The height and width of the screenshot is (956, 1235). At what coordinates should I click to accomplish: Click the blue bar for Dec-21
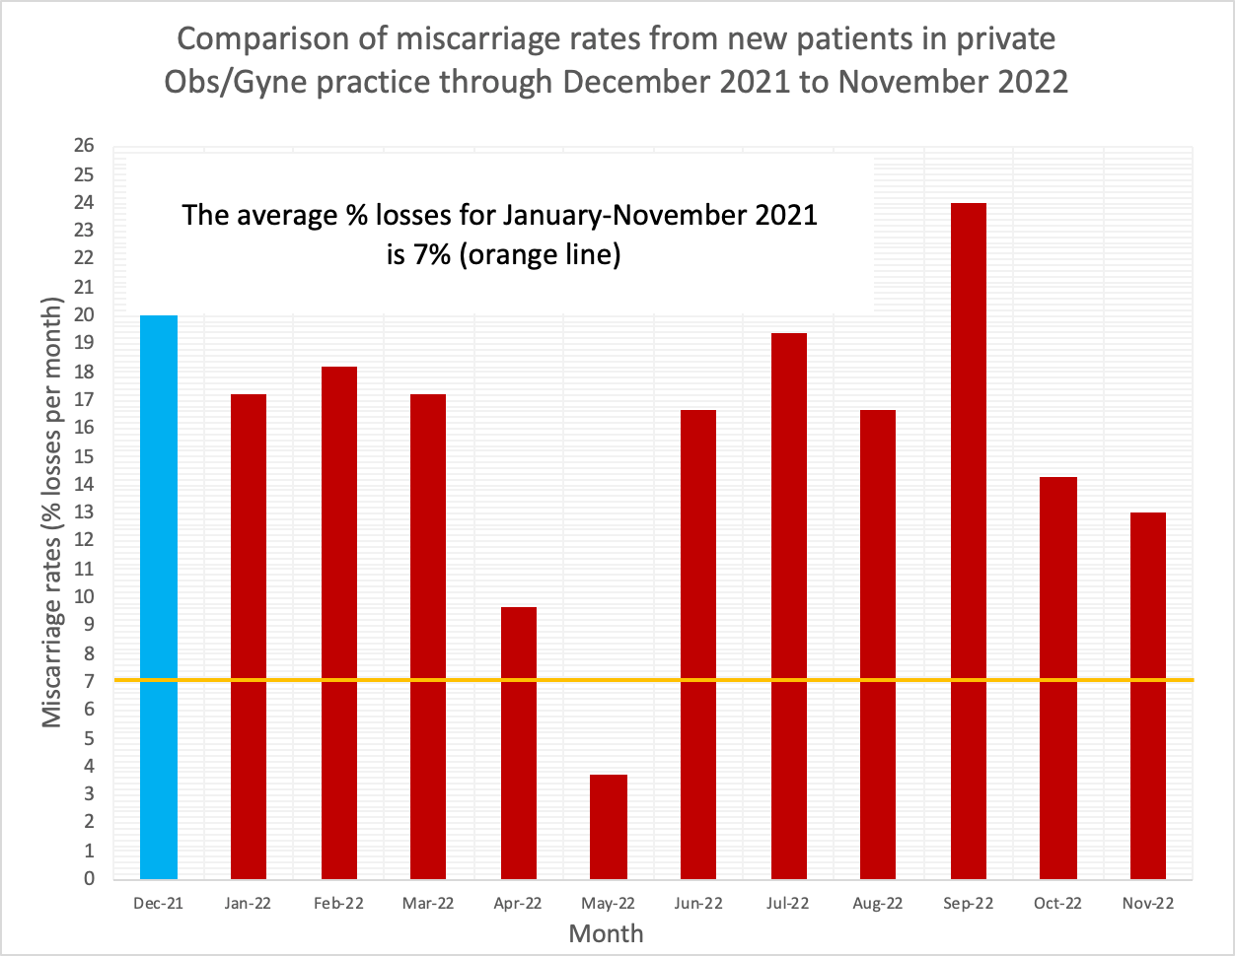click(159, 596)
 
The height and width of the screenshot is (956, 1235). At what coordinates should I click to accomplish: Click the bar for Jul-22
click(788, 605)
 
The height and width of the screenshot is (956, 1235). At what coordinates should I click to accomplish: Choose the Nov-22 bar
click(1147, 695)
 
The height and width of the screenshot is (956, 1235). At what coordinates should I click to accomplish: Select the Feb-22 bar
click(339, 622)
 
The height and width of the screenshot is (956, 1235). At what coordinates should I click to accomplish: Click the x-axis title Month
click(606, 932)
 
